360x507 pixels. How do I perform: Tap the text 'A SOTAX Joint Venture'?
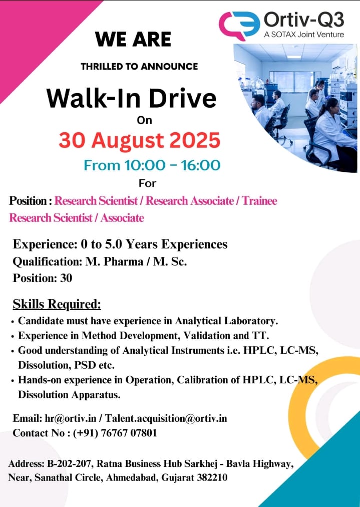click(304, 35)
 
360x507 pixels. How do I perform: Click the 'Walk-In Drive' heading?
click(131, 98)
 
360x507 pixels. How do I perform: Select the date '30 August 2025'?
click(139, 140)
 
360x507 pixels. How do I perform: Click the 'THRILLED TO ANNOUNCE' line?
click(139, 67)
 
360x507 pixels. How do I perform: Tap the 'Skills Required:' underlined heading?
click(57, 304)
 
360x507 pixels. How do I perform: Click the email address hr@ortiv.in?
click(71, 418)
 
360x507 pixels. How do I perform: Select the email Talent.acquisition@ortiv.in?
click(166, 418)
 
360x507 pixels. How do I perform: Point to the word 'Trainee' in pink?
click(259, 201)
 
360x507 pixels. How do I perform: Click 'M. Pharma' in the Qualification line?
click(114, 261)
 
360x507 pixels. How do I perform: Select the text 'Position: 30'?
click(43, 278)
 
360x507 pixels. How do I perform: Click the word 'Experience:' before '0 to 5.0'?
click(44, 244)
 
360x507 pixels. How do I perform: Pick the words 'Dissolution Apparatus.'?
click(69, 395)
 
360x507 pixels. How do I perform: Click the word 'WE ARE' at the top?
click(133, 40)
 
